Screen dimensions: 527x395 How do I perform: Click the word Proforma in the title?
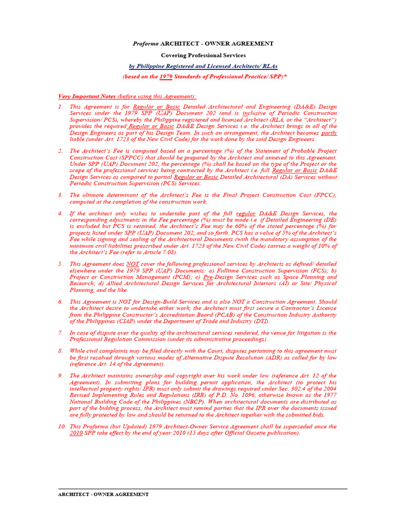point(146,44)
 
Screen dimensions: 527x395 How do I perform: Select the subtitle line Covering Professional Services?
point(203,55)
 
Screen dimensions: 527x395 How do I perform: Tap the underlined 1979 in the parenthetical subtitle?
point(166,77)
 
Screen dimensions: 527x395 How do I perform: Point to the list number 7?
point(60,333)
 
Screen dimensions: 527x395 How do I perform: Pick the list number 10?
point(62,427)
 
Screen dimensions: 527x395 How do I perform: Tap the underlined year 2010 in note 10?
point(76,433)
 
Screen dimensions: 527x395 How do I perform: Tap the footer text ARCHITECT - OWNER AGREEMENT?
point(103,494)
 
